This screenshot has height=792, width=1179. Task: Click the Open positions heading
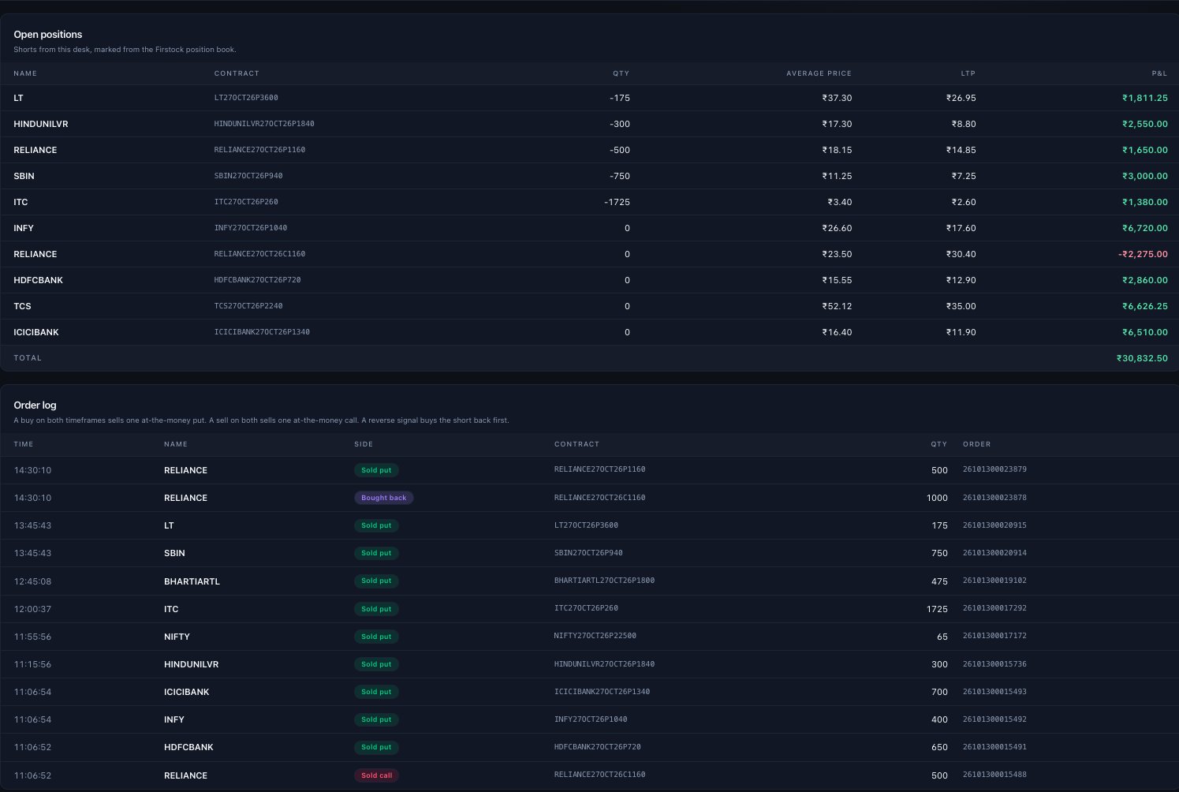(x=48, y=34)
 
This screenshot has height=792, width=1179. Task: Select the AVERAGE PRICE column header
(x=819, y=73)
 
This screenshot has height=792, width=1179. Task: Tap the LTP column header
(x=968, y=73)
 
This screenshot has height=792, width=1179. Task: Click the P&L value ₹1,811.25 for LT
(x=1145, y=98)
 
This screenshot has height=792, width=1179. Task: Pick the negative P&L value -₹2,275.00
(x=1143, y=254)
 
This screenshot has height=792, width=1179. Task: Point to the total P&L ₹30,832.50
(x=1142, y=358)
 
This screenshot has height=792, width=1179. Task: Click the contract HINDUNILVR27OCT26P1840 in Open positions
(x=264, y=124)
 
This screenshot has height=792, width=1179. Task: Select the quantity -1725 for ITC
(x=617, y=202)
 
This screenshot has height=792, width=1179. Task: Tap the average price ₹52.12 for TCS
(x=837, y=306)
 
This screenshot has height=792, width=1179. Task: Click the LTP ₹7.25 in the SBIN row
(x=964, y=176)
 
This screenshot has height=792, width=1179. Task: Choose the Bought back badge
(x=384, y=498)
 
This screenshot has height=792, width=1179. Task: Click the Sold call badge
(x=376, y=775)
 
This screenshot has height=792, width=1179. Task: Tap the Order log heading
(x=35, y=405)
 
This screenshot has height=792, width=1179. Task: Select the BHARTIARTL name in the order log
(x=192, y=581)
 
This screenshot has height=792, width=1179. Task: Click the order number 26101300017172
(x=994, y=636)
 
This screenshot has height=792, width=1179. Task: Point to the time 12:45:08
(x=32, y=581)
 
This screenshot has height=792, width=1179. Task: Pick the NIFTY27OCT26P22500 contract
(x=595, y=636)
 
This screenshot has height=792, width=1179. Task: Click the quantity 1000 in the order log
(x=937, y=498)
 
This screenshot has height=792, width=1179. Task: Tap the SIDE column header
(x=364, y=444)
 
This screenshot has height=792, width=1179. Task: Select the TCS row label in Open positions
(x=22, y=306)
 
